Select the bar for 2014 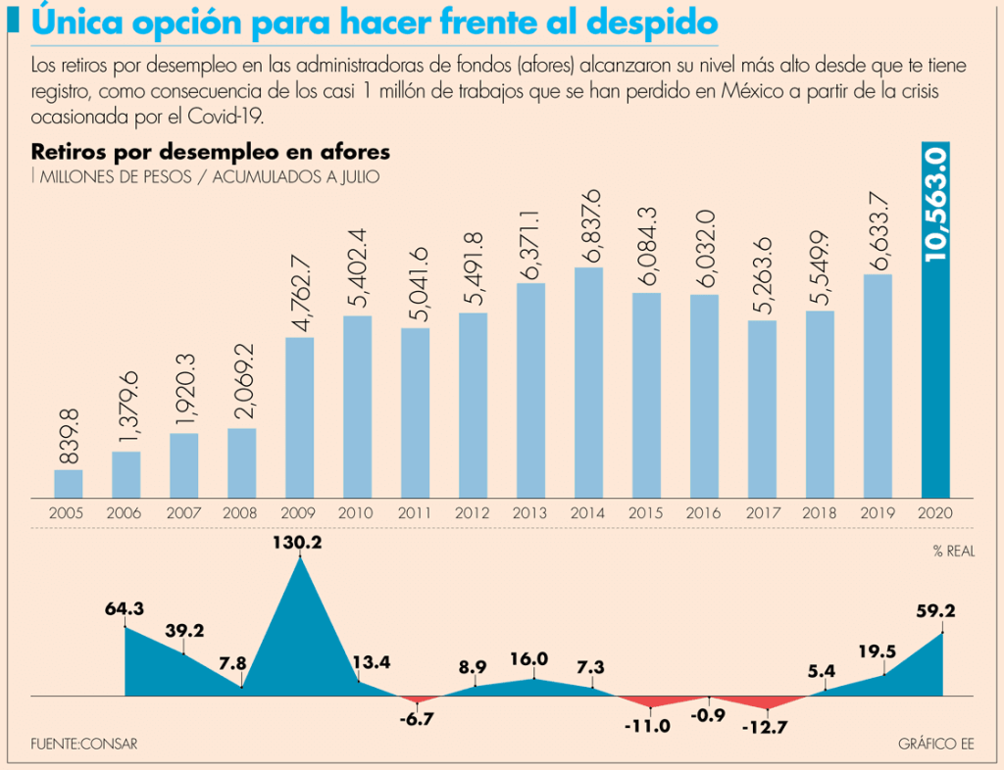[x=587, y=382]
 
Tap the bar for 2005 [x=69, y=484]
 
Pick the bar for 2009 [x=299, y=417]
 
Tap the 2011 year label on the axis [x=415, y=512]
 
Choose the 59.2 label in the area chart [x=935, y=610]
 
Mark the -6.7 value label [x=416, y=719]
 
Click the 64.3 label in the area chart [x=125, y=608]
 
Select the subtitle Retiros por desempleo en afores [x=211, y=152]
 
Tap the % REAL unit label [x=953, y=552]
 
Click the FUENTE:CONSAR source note [x=84, y=744]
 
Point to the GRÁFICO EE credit [x=935, y=744]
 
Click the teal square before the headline [x=14, y=21]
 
